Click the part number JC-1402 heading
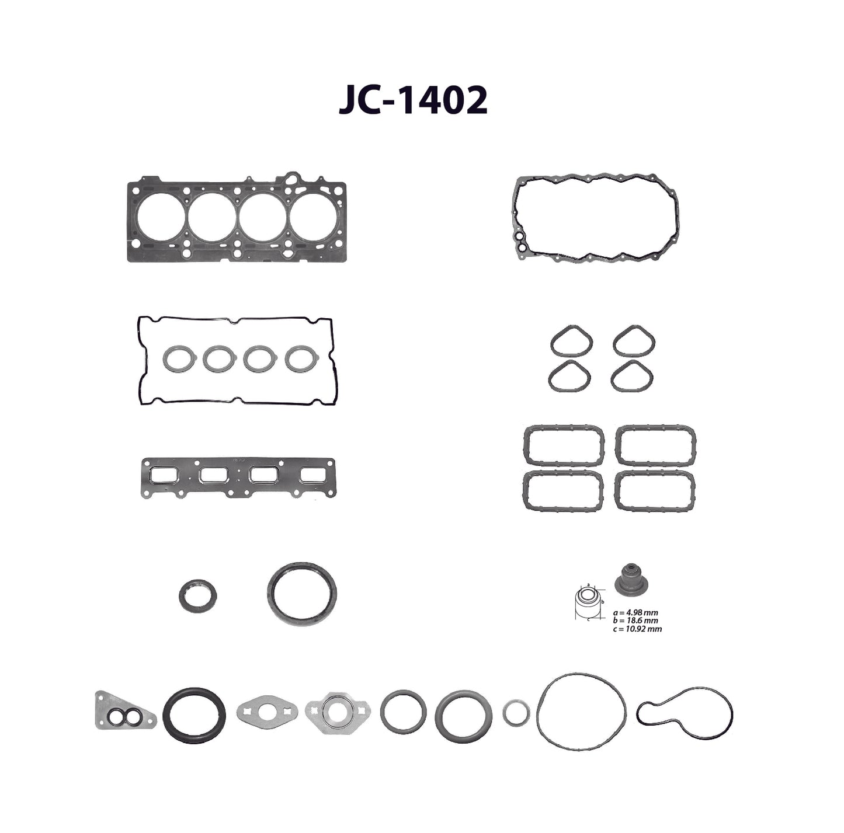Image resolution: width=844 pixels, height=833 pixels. tap(412, 100)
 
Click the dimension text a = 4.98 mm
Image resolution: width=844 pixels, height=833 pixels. tap(635, 613)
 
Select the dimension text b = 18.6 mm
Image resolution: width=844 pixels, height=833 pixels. tap(635, 621)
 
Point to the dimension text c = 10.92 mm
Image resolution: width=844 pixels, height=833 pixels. tap(638, 629)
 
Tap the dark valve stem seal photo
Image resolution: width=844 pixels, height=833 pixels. tap(631, 582)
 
